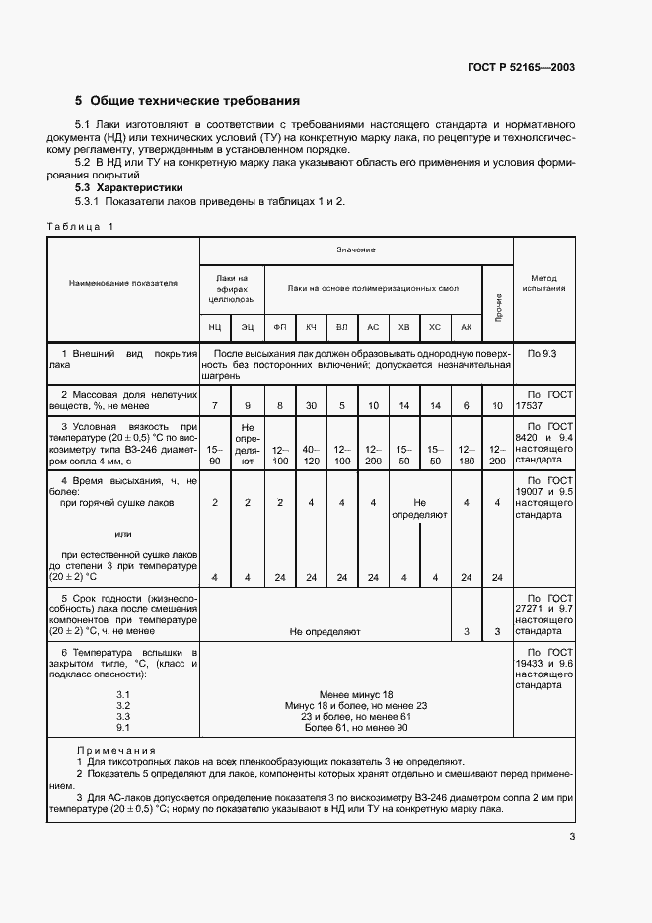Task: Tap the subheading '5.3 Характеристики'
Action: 129,187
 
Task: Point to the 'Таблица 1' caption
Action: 81,227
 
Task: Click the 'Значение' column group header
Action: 355,250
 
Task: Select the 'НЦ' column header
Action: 215,325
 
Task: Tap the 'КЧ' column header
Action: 311,325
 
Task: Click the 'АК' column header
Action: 467,325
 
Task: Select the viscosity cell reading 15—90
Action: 215,455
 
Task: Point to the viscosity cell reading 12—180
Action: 467,455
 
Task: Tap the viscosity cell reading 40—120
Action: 311,455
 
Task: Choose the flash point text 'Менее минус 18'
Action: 355,695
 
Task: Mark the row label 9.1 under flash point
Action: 123,728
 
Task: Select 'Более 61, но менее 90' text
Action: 355,728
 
